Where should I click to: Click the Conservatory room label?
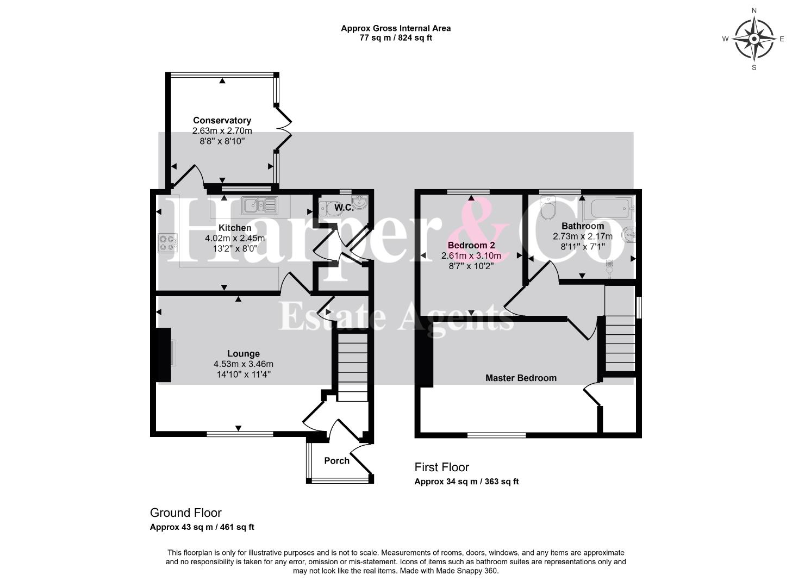pyautogui.click(x=222, y=120)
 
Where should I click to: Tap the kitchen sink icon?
pyautogui.click(x=260, y=205)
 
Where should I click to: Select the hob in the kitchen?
pyautogui.click(x=167, y=243)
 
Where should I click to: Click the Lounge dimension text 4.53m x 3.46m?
pyautogui.click(x=243, y=364)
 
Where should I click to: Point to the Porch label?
pyautogui.click(x=336, y=461)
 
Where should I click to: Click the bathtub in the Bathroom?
pyautogui.click(x=609, y=209)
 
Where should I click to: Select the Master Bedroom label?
pyautogui.click(x=521, y=378)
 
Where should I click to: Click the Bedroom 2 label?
pyautogui.click(x=471, y=245)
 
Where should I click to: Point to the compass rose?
pyautogui.click(x=753, y=39)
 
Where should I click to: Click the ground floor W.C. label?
pyautogui.click(x=344, y=208)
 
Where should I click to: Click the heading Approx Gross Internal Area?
pyautogui.click(x=396, y=29)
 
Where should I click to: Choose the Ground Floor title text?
pyautogui.click(x=186, y=513)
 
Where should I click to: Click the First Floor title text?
pyautogui.click(x=442, y=467)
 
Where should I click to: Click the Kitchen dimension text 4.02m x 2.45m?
pyautogui.click(x=235, y=238)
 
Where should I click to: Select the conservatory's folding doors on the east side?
pyautogui.click(x=284, y=128)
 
